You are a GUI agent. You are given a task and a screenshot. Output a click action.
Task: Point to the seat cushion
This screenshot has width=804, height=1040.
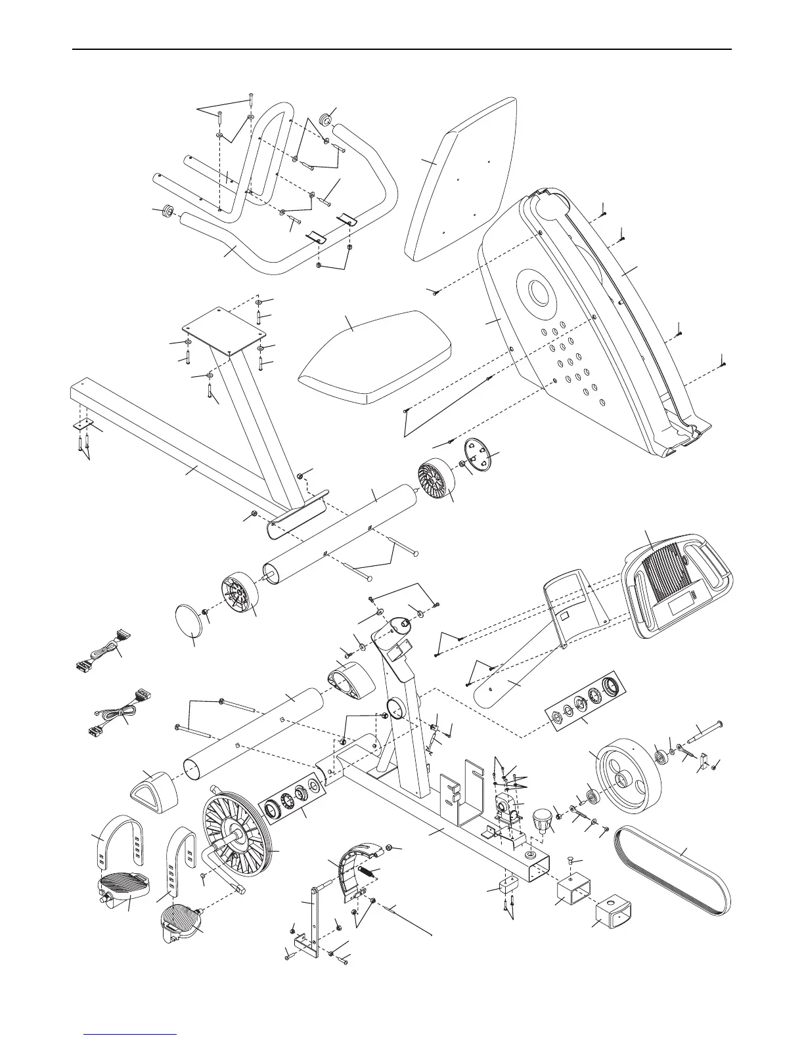coord(374,355)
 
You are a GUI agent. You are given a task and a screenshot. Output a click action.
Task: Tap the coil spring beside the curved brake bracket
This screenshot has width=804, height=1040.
coord(370,873)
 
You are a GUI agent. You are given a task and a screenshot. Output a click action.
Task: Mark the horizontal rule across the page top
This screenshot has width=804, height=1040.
coord(401,49)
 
